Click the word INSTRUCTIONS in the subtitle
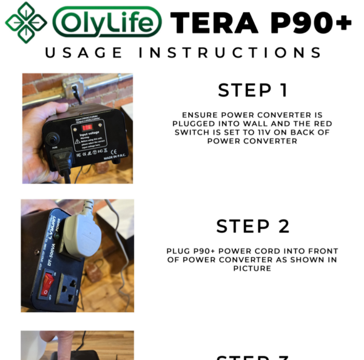click(x=231, y=53)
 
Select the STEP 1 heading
click(x=252, y=90)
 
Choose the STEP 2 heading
click(x=252, y=226)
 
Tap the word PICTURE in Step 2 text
click(x=252, y=268)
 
